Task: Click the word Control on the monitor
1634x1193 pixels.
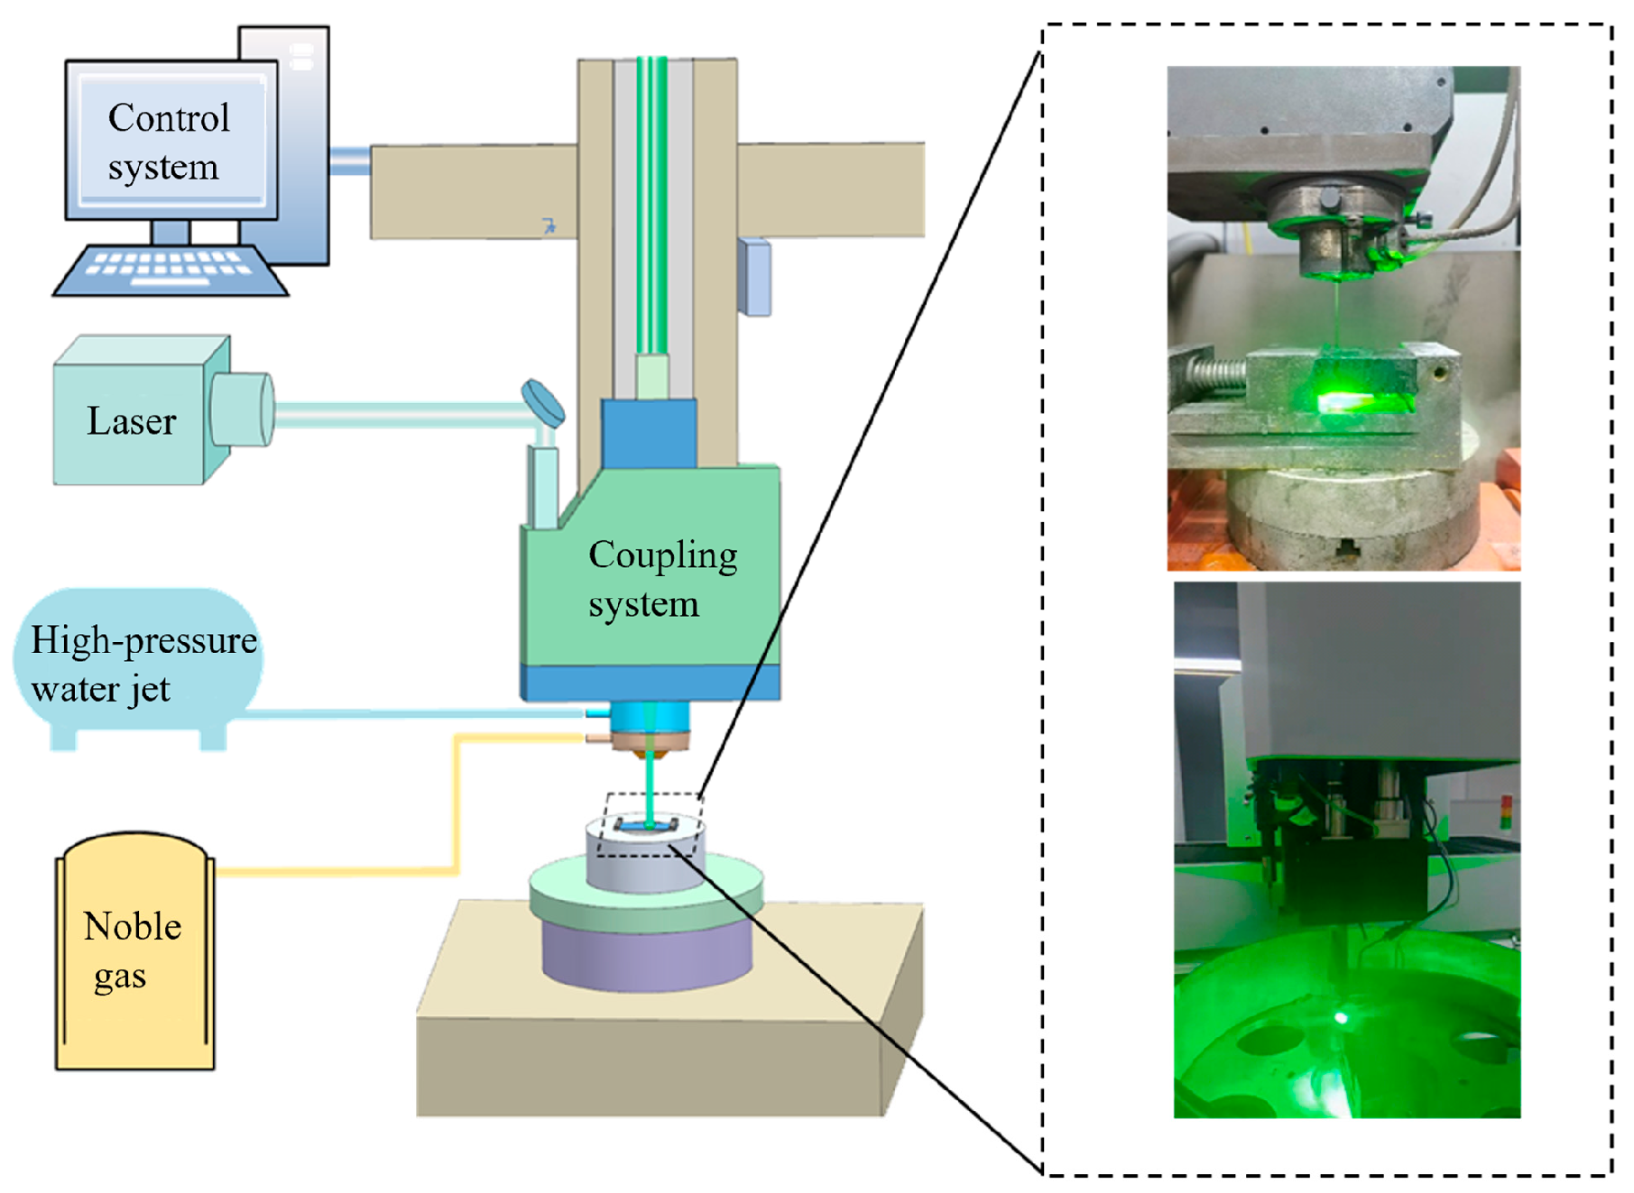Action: click(169, 118)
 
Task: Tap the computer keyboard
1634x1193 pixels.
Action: click(171, 270)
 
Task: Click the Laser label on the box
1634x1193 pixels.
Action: click(132, 421)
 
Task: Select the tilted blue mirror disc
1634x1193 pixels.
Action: click(543, 403)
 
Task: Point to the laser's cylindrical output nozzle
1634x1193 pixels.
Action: click(242, 409)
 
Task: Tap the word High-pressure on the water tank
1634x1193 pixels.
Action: click(144, 641)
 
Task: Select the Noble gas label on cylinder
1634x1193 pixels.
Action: click(132, 950)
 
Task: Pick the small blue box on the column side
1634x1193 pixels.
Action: click(754, 277)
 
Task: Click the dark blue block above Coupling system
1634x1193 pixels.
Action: click(649, 434)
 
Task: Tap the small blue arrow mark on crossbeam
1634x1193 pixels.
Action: click(549, 225)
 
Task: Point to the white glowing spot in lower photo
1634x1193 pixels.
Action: click(1341, 1018)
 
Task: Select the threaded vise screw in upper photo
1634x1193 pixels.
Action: click(1209, 371)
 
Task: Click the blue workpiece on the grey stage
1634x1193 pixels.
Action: click(646, 824)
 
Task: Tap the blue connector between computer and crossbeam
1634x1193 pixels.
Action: click(350, 161)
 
